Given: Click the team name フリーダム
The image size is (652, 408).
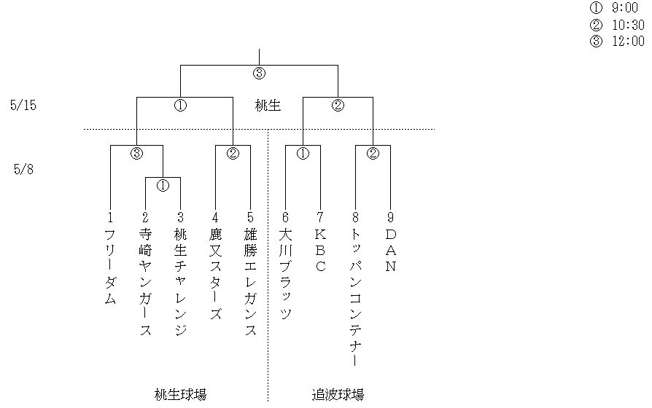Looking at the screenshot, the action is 110,267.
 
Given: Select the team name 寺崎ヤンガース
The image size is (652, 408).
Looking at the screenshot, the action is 145,283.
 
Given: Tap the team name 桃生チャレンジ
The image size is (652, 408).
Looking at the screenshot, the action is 180,283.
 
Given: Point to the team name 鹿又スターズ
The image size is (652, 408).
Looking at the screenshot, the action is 215,275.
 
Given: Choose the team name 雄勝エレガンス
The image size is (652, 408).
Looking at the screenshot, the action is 250,283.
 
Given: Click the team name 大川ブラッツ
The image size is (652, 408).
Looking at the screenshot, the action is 285,275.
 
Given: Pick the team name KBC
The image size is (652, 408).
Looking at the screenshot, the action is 320,251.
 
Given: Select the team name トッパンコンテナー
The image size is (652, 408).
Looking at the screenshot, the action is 355,298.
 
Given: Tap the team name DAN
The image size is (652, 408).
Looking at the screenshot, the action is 390,251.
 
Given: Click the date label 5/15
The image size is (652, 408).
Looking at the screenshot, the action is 23,105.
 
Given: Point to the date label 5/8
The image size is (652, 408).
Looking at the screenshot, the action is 23,169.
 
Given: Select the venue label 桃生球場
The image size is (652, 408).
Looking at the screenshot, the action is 180,394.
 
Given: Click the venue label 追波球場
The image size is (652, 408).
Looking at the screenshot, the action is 338,394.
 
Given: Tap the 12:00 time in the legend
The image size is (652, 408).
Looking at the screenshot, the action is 628,41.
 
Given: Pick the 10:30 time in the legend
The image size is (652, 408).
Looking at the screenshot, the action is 628,25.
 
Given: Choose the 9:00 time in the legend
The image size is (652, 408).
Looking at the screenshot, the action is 624,7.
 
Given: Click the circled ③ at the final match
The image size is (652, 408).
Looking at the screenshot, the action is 259,74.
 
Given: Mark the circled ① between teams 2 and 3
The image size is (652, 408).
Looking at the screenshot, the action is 163,185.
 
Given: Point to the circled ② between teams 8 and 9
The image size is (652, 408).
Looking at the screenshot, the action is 373,153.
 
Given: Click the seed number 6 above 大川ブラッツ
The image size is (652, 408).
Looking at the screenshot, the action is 285,217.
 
